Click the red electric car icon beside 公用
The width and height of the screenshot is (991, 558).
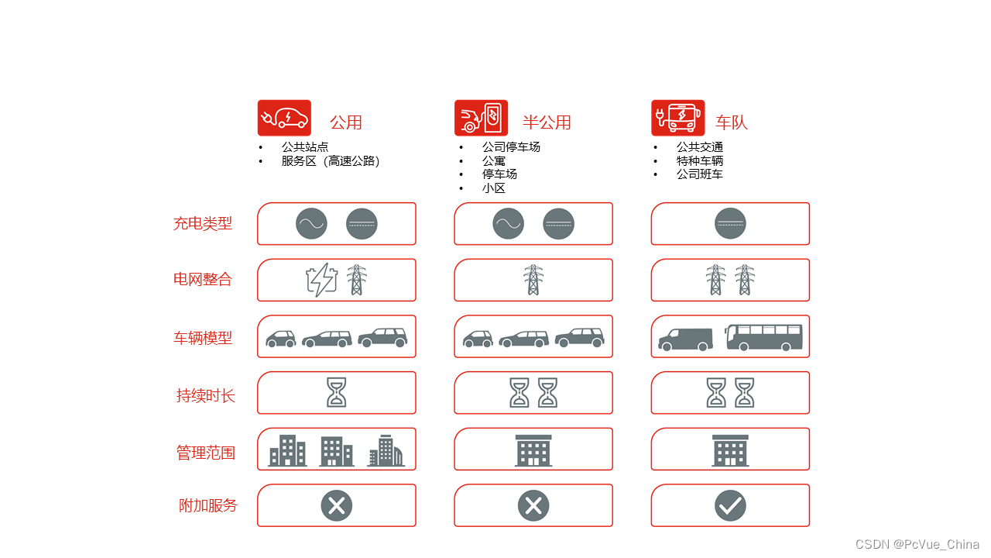284,118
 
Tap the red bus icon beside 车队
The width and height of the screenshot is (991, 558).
677,118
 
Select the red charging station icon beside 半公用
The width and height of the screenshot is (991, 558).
481,118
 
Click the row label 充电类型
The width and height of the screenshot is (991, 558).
203,223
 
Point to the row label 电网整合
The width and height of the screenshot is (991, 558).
203,280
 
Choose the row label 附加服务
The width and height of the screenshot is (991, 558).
207,506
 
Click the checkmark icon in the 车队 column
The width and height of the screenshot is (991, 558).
730,506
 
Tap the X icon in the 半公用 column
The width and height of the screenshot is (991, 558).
533,506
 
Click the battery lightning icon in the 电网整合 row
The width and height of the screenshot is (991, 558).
321,280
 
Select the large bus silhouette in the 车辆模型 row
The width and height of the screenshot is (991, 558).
763,338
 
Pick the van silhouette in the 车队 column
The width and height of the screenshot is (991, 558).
685,339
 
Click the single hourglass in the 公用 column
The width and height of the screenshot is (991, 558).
336,393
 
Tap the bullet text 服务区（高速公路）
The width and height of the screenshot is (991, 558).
331,161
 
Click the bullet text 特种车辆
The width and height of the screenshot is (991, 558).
700,161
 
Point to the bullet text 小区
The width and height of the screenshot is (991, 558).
494,188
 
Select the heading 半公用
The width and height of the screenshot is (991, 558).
547,122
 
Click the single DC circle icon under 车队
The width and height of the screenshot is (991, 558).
730,224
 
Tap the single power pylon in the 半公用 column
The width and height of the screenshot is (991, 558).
533,280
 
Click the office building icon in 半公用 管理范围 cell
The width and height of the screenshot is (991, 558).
533,450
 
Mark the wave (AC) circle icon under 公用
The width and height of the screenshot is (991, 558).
311,224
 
